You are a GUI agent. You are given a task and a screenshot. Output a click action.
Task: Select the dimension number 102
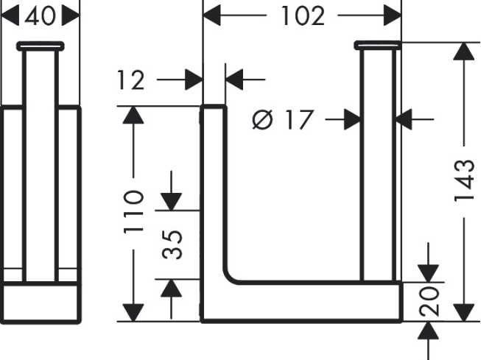pyautogui.click(x=302, y=15)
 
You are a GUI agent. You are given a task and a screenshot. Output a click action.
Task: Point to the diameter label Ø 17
pyautogui.click(x=283, y=118)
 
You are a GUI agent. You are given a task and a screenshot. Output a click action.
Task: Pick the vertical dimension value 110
pyautogui.click(x=133, y=212)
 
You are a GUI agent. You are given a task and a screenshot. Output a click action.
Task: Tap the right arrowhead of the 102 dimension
pyautogui.click(x=392, y=15)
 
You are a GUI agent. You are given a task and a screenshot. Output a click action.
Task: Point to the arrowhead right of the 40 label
pyautogui.click(x=71, y=15)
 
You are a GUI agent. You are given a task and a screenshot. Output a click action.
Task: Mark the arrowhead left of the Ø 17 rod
pyautogui.click(x=351, y=118)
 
